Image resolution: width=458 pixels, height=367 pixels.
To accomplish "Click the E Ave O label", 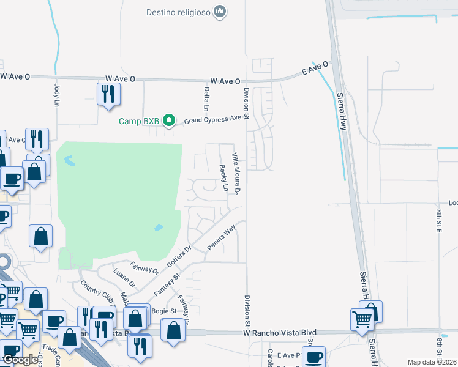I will pos(315,68).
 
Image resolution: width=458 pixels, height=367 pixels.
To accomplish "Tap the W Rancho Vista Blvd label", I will pos(276,332).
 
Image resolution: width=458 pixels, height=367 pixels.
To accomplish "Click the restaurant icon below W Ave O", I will pos(108,94).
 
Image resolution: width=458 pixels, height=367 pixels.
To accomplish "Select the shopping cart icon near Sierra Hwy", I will pos(362,318).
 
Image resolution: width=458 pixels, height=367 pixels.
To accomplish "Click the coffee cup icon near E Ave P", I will pos(314,357).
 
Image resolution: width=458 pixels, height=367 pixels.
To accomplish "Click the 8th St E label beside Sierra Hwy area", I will pos(439,221).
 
